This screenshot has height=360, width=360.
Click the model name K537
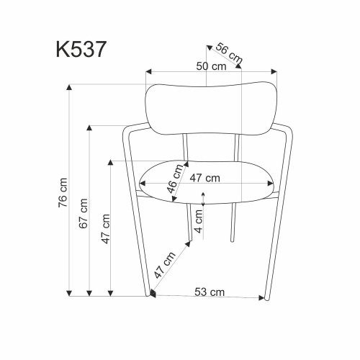[x=81, y=49]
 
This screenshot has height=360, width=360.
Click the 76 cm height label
[x=63, y=193]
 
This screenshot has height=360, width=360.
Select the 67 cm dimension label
[x=84, y=214]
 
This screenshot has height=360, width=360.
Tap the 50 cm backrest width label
[x=211, y=66]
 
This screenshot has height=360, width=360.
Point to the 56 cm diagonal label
[x=229, y=54]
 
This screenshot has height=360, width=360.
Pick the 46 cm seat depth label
[x=175, y=179]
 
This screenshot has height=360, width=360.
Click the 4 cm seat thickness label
[x=199, y=221]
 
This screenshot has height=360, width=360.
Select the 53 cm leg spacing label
[x=210, y=292]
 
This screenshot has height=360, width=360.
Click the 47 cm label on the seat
[x=204, y=178]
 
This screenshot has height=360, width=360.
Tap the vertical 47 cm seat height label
[x=106, y=229]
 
